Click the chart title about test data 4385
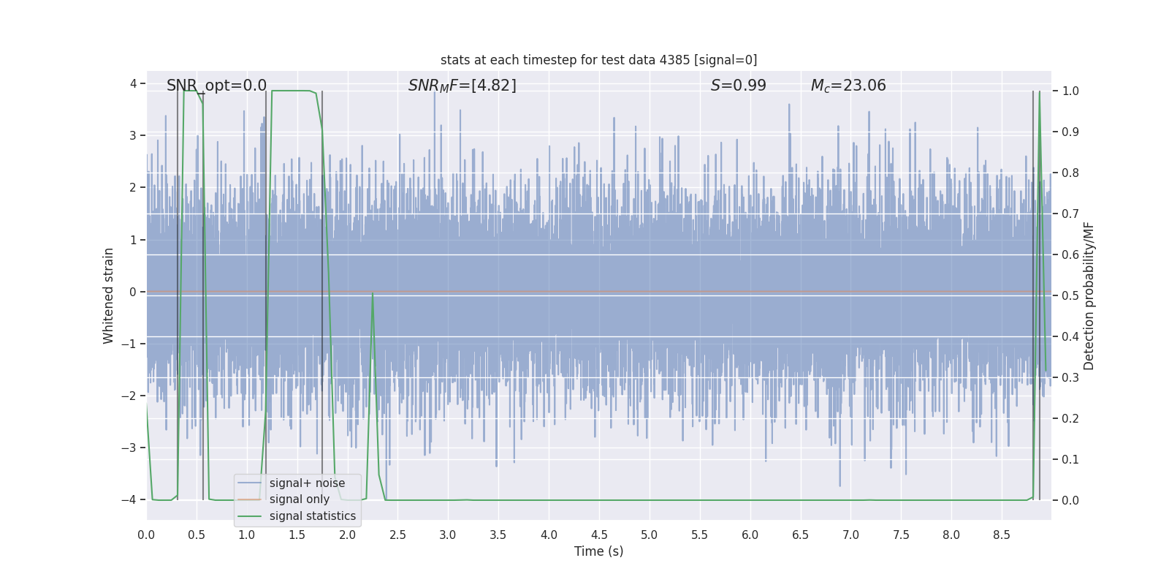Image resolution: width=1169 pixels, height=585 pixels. [598, 60]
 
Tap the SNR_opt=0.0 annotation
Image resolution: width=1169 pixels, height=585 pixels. [216, 86]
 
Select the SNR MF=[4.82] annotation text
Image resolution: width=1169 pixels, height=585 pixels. [462, 86]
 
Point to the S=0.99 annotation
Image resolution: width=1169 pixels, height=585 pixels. [738, 86]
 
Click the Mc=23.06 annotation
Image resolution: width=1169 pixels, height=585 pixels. [848, 86]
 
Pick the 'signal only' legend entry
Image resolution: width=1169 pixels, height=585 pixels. [299, 499]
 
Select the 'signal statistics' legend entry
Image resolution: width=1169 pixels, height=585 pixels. [312, 516]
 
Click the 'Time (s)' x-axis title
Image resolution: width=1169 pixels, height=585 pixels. [598, 551]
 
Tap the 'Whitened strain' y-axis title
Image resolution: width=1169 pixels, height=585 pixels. [109, 295]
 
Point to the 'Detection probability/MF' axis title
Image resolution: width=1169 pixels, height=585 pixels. [1089, 295]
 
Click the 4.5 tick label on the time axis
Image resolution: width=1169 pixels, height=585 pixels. [598, 535]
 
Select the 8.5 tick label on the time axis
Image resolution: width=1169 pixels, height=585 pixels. [1001, 535]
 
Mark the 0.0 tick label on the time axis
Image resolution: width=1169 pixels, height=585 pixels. [146, 535]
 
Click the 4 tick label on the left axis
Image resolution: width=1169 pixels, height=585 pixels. [133, 83]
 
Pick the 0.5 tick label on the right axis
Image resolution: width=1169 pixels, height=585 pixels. [1070, 295]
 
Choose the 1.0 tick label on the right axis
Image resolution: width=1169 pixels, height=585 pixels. [1070, 91]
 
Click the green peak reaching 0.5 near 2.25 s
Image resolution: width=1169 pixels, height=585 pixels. [373, 294]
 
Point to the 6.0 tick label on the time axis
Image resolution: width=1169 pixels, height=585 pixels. [750, 535]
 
